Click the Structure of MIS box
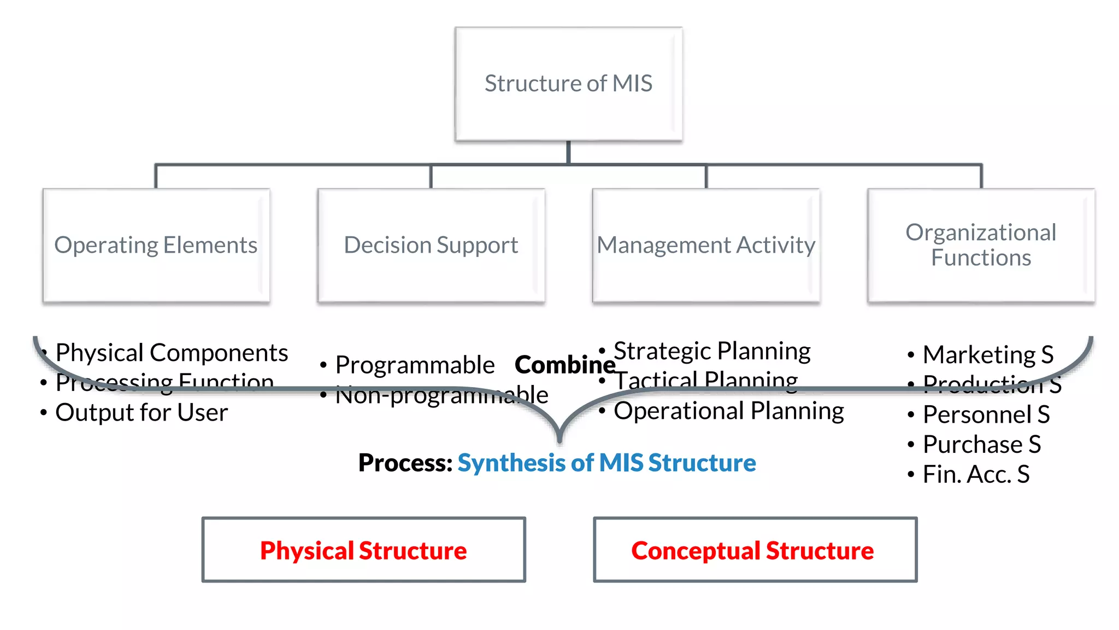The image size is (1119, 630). click(568, 84)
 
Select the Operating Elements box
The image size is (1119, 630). click(156, 245)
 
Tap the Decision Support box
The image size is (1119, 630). click(431, 245)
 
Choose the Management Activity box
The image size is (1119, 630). click(706, 245)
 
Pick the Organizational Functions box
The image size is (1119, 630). click(981, 245)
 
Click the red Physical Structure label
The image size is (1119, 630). click(363, 550)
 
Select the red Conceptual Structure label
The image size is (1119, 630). click(752, 550)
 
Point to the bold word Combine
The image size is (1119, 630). click(565, 365)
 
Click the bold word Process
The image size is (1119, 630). click(405, 463)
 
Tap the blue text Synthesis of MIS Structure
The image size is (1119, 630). click(606, 463)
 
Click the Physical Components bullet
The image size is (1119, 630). click(172, 353)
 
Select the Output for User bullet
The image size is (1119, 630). click(142, 412)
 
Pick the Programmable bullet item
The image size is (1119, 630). click(415, 365)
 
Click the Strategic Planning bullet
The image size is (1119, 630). click(712, 351)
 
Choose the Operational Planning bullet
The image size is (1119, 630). click(728, 411)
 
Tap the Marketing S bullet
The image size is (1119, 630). click(988, 354)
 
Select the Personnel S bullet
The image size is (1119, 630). click(986, 415)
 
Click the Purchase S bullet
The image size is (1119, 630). click(982, 444)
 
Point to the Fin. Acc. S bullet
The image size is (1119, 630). click(976, 474)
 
